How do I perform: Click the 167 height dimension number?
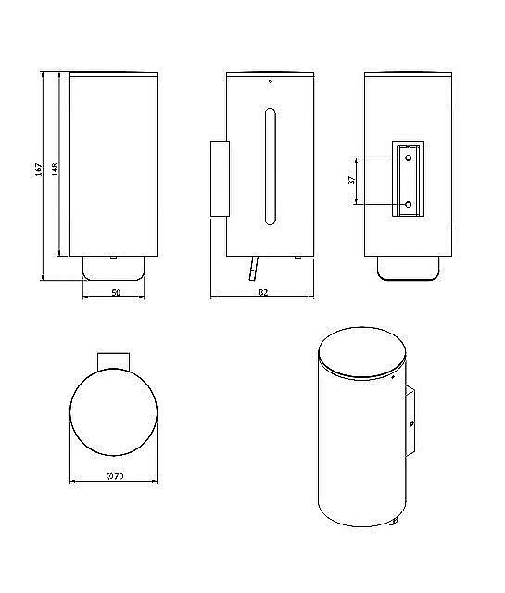click(38, 170)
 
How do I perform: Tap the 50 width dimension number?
click(116, 293)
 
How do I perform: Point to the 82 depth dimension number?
click(263, 293)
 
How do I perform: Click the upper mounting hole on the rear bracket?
click(410, 159)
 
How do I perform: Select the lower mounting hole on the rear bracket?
click(410, 204)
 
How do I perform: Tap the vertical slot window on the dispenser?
click(269, 167)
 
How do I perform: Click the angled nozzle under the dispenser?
click(250, 269)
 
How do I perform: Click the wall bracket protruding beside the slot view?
click(219, 178)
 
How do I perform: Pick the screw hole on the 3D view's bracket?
click(411, 424)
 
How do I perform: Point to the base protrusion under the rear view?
click(410, 268)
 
